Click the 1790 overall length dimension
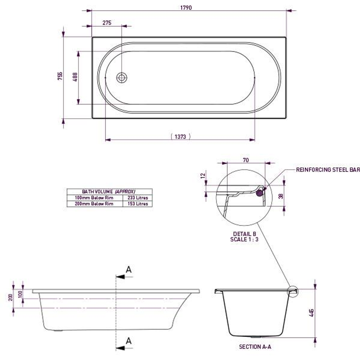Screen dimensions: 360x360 tap(186, 7)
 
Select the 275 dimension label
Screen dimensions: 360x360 tap(107, 23)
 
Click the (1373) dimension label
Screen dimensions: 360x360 tap(180, 136)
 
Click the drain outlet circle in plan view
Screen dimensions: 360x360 tap(122, 78)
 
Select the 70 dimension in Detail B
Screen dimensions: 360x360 tap(246, 160)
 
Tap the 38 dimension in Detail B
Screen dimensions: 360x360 tap(281, 196)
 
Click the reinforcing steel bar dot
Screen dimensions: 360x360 tap(260, 191)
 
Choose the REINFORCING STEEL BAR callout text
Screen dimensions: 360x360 tap(328, 170)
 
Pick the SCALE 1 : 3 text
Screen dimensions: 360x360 tap(244, 239)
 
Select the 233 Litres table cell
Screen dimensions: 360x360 tap(138, 198)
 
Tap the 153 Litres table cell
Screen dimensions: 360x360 tap(138, 204)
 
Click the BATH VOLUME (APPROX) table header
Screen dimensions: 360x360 tap(109, 192)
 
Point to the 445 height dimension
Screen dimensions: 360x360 tap(311, 313)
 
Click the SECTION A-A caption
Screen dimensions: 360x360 tap(255, 347)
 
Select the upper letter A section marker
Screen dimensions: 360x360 tap(129, 269)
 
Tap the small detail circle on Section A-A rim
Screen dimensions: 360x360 tap(293, 291)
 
